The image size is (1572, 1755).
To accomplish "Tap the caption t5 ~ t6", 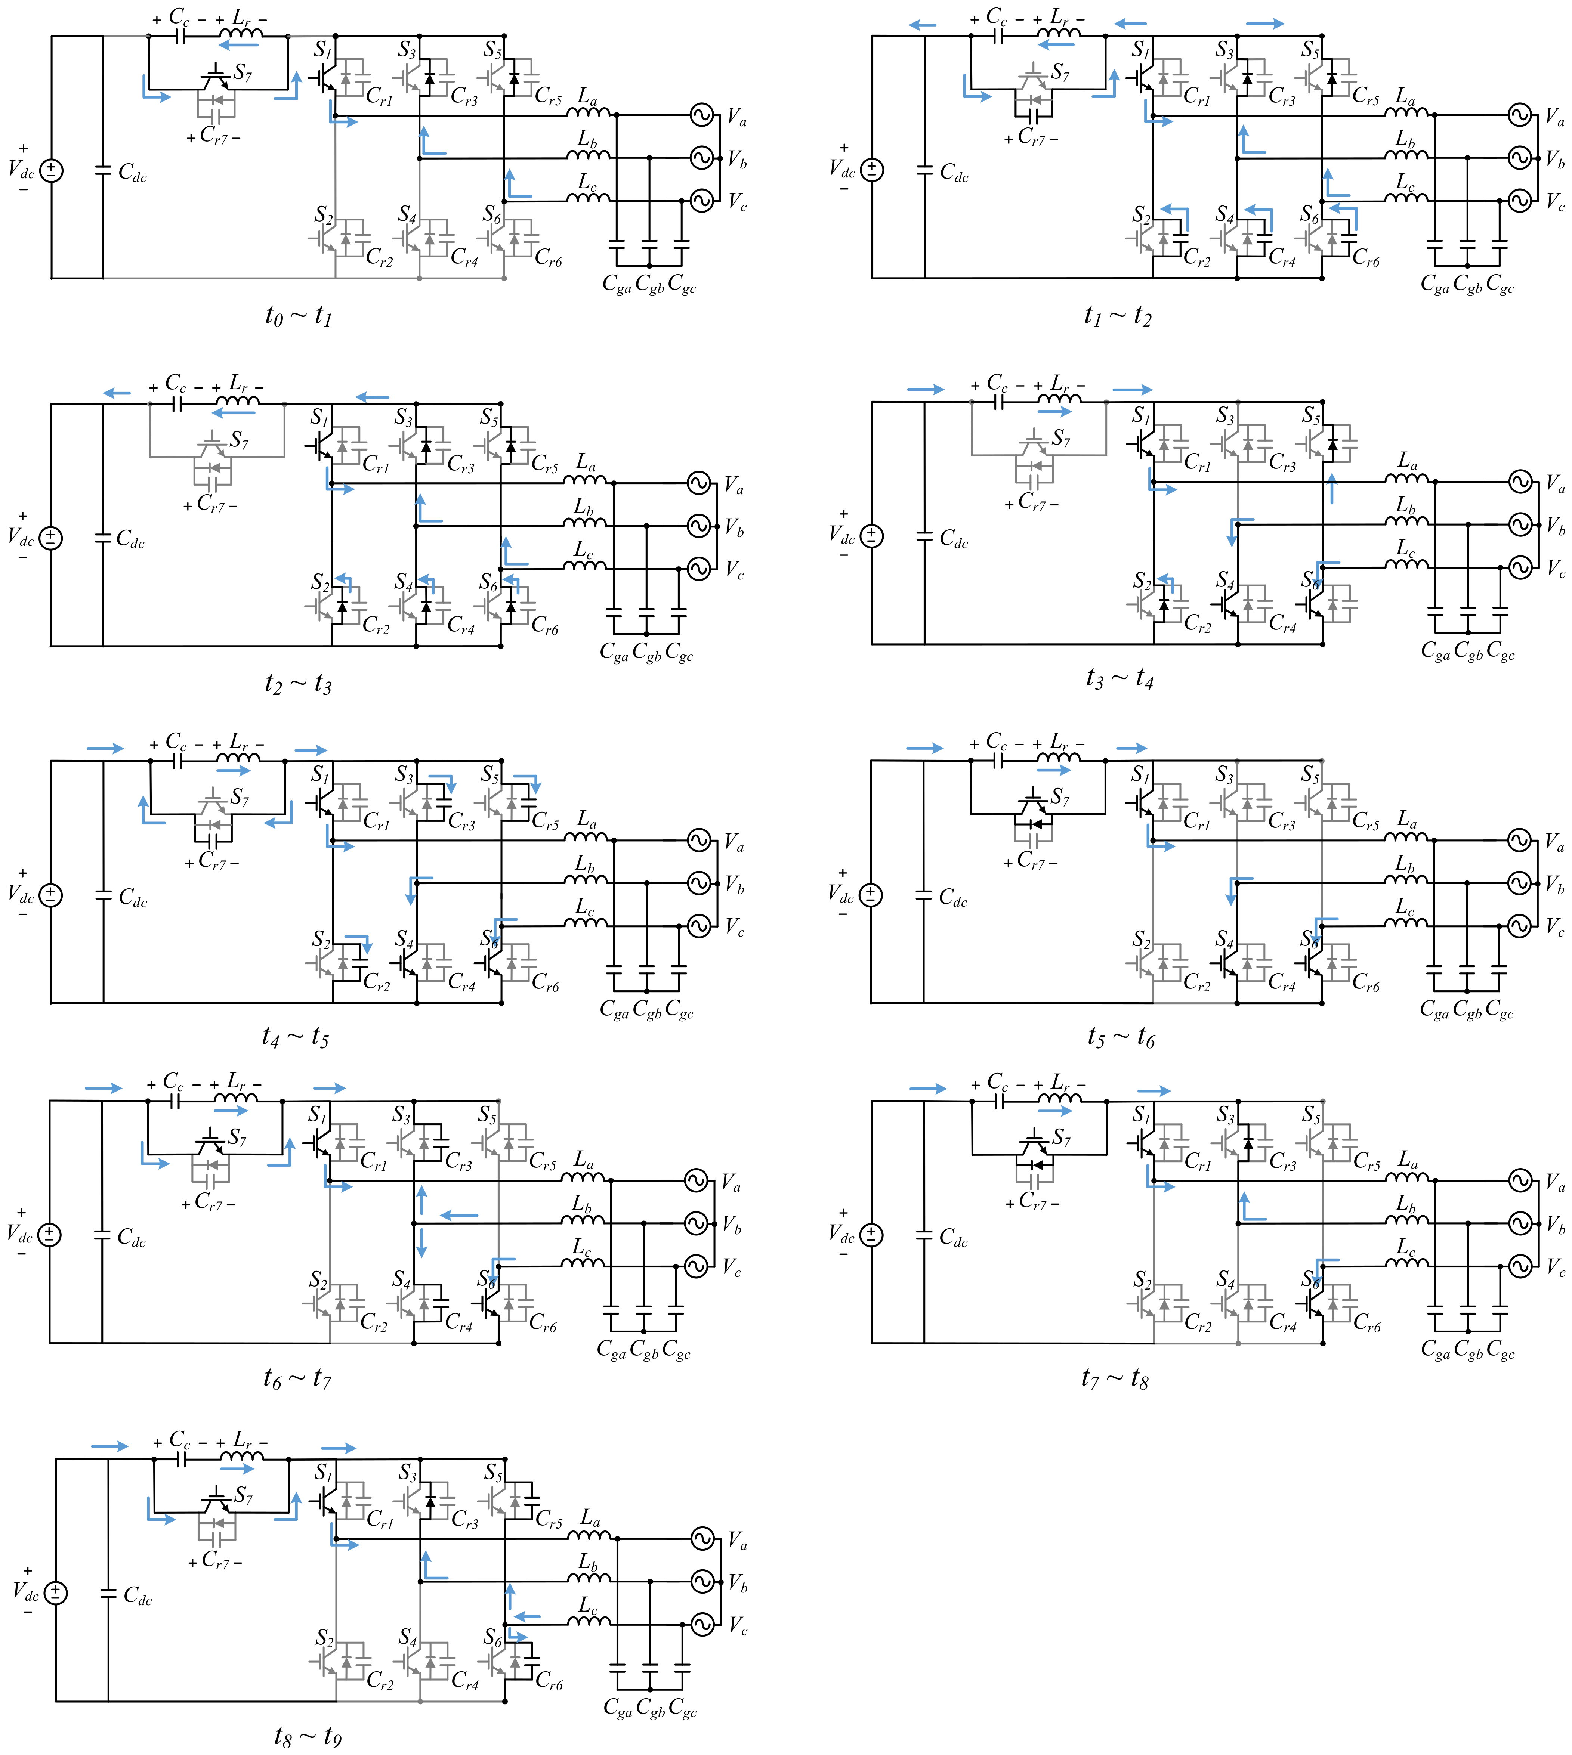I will (1120, 1036).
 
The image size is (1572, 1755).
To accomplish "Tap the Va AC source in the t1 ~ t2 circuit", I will (1519, 114).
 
